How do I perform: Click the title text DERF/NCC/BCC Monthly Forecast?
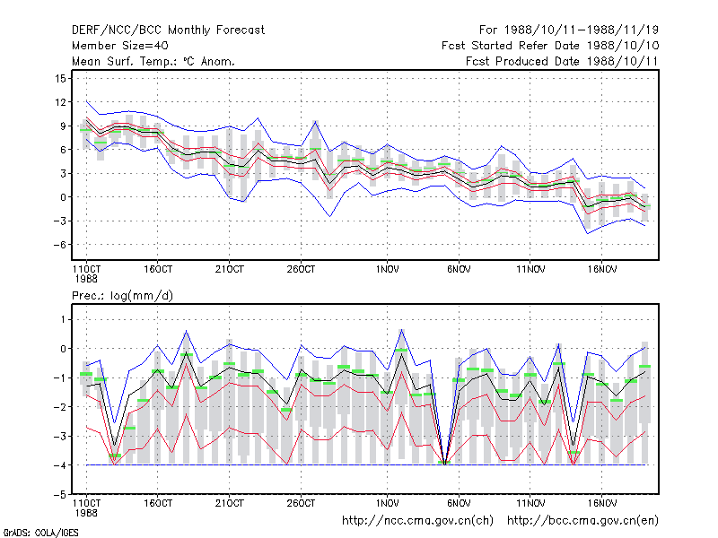(168, 30)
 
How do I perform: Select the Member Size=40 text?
(120, 46)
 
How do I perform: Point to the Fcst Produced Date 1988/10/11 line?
(562, 61)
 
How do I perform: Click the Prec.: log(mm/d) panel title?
(122, 296)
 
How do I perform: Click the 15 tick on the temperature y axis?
(60, 79)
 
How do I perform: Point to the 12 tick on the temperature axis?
(60, 102)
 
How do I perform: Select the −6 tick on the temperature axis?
(59, 245)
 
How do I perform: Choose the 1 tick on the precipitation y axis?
(63, 319)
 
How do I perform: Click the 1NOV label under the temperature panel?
(387, 270)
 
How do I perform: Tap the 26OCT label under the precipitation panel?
(301, 503)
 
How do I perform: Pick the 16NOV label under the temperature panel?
(601, 270)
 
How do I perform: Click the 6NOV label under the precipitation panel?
(459, 503)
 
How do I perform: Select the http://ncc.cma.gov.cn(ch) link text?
(417, 521)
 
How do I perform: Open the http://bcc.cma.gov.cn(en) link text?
(582, 521)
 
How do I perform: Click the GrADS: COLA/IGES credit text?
(40, 533)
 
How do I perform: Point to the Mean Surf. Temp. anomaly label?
(153, 61)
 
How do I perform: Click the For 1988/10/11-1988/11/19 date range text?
(569, 30)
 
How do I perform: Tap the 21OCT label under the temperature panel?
(230, 270)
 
